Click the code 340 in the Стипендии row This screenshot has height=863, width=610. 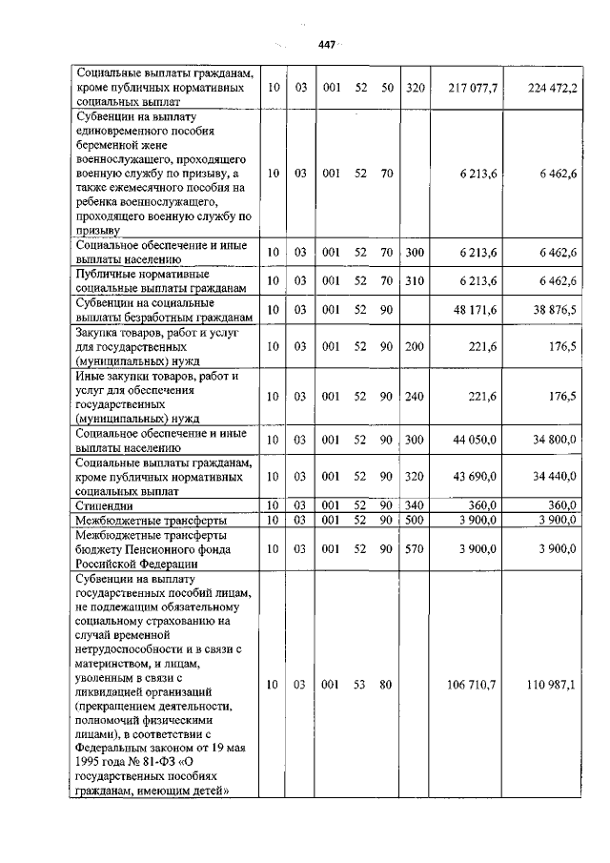[414, 504]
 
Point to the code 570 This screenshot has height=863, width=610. [414, 549]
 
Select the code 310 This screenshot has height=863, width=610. [414, 280]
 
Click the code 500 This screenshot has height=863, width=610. [414, 520]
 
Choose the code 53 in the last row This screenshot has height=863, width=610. [358, 684]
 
